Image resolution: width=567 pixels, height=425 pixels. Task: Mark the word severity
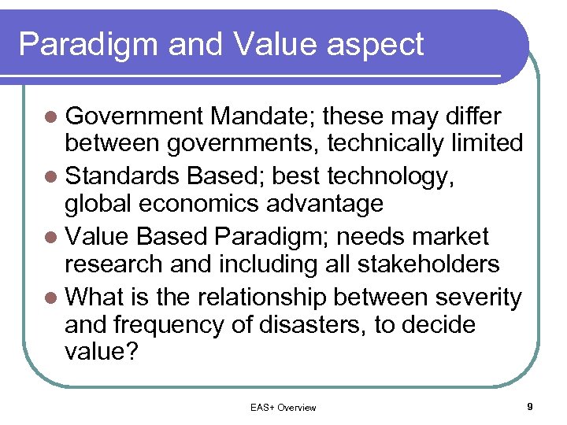[x=478, y=298]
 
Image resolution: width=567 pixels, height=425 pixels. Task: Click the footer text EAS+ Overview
[x=283, y=408]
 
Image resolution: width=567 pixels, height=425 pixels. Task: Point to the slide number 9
[x=530, y=407]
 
